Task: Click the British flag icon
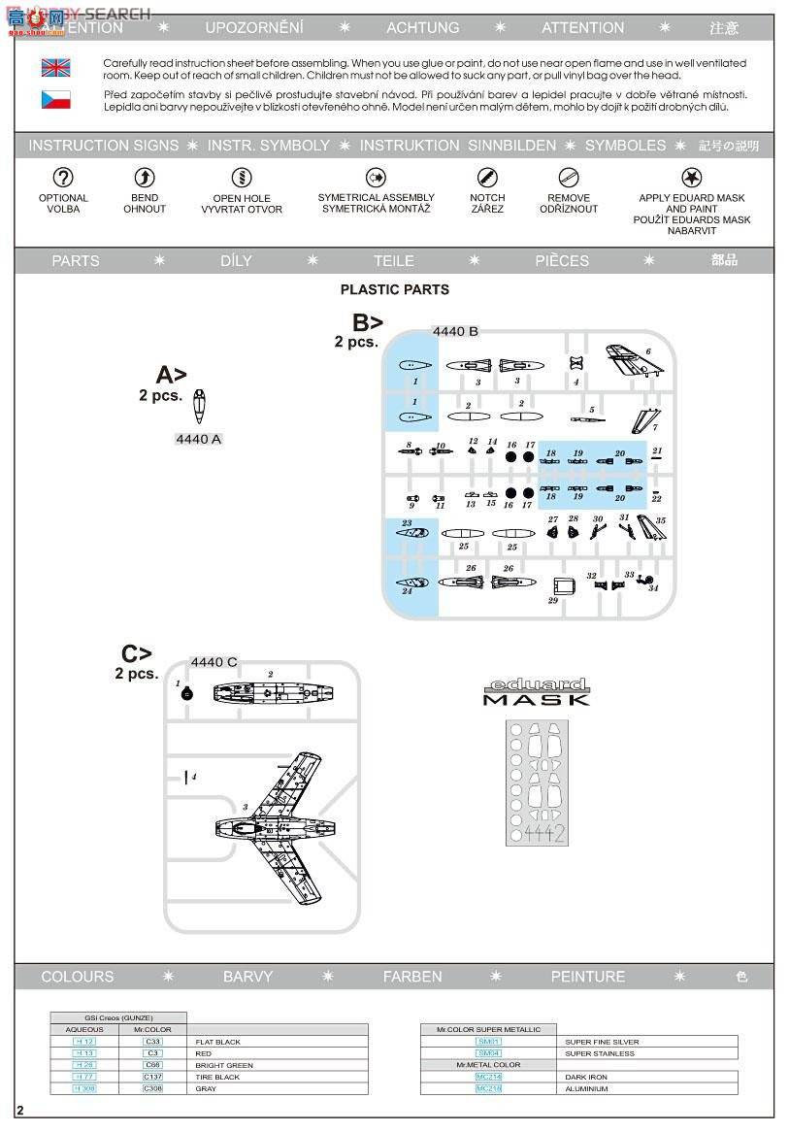(55, 68)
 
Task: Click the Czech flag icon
(55, 99)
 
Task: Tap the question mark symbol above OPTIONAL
(63, 177)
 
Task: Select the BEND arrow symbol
(144, 177)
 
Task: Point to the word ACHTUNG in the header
(422, 27)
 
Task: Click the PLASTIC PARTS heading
(394, 289)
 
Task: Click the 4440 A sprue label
(198, 439)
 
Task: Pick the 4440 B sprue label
(455, 331)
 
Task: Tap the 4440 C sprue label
(214, 662)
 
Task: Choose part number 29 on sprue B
(563, 586)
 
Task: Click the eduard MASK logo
(536, 691)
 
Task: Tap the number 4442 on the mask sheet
(543, 833)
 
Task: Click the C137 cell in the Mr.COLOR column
(153, 1077)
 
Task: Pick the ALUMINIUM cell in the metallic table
(586, 1088)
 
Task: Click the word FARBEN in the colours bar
(412, 977)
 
